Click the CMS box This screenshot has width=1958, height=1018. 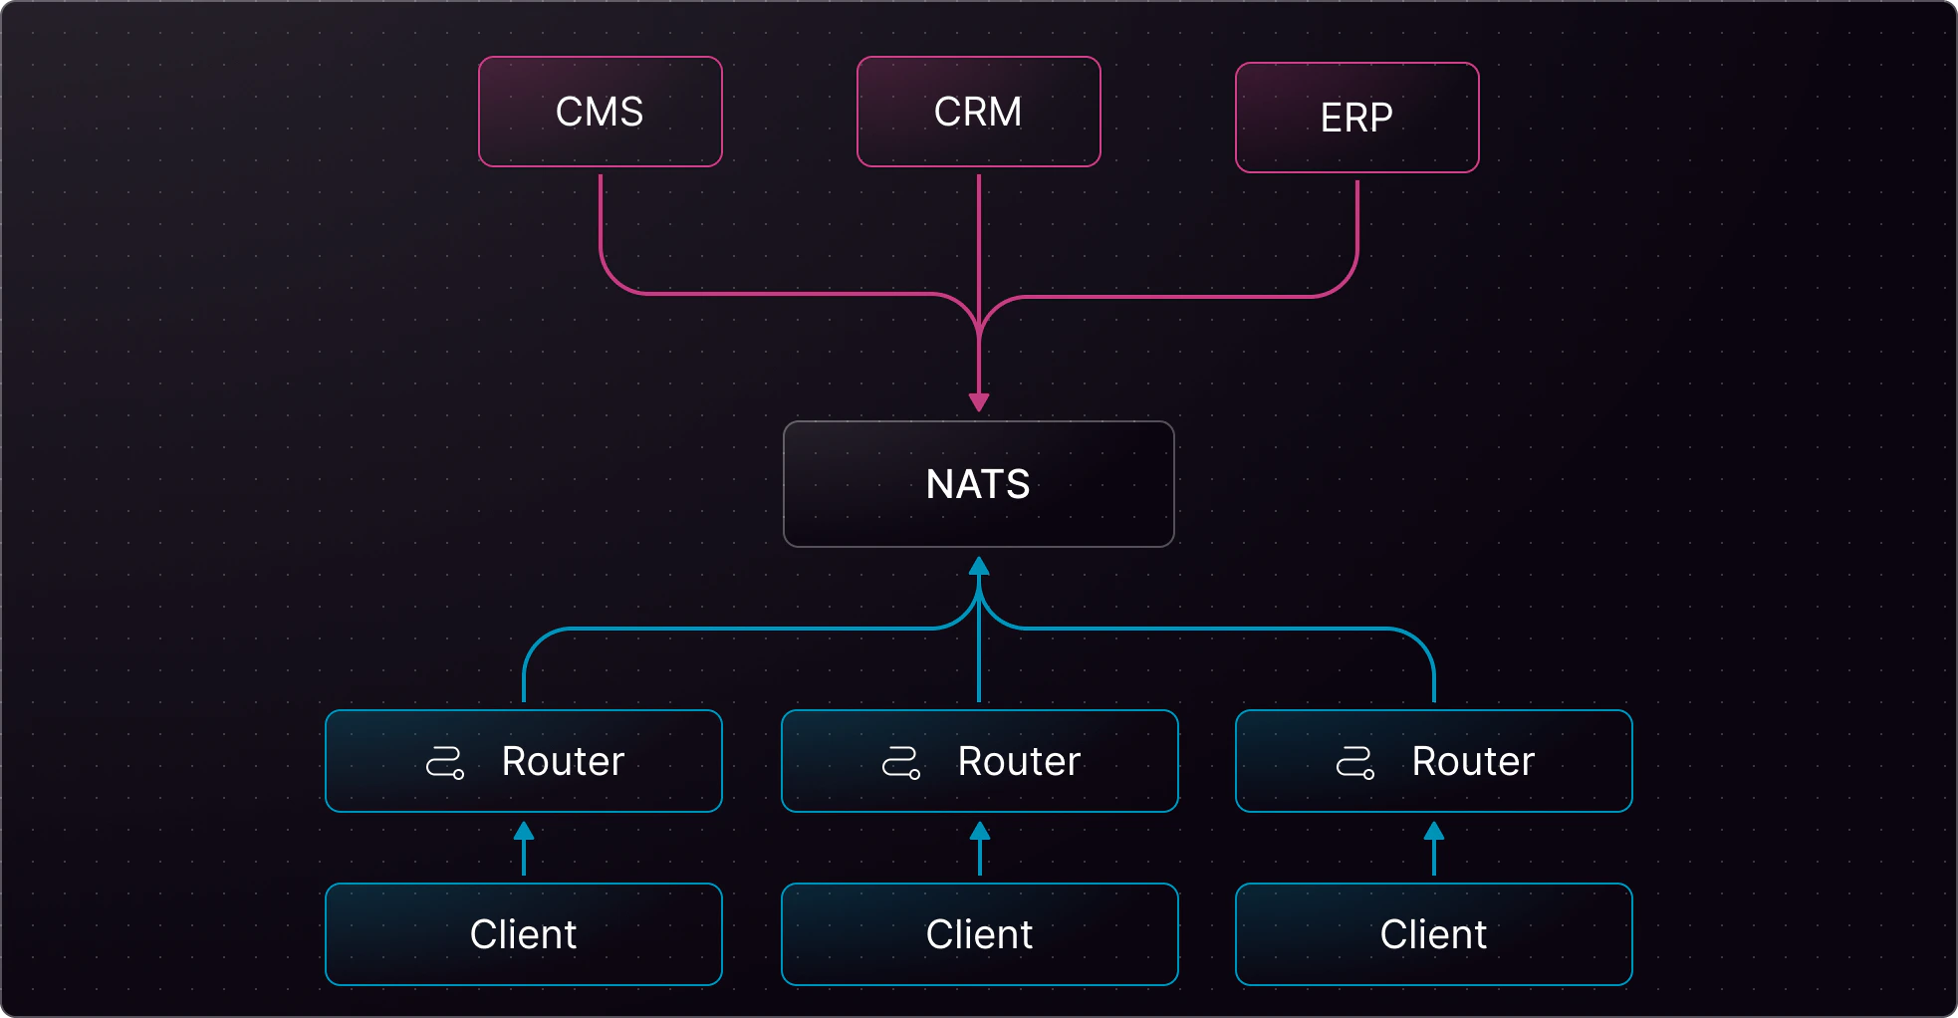click(600, 112)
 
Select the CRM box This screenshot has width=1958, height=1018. click(978, 112)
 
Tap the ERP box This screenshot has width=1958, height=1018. click(1356, 118)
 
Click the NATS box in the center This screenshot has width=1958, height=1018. click(978, 484)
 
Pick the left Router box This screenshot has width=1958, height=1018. click(524, 761)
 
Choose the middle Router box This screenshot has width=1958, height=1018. click(980, 761)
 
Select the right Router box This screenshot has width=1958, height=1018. click(1434, 761)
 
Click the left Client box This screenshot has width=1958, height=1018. click(524, 934)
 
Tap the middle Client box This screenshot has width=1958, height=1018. click(980, 934)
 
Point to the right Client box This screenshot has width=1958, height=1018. click(1434, 934)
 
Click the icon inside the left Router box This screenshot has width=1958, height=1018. click(444, 763)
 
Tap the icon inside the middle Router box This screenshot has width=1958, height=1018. click(900, 763)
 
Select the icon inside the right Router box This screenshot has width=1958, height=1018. click(1354, 763)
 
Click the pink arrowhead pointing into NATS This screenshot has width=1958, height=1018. click(979, 401)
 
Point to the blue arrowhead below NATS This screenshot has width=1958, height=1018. click(979, 567)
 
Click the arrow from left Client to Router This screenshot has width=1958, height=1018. click(524, 848)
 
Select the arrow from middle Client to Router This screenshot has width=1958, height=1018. click(980, 848)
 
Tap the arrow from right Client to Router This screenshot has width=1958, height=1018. click(1434, 848)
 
